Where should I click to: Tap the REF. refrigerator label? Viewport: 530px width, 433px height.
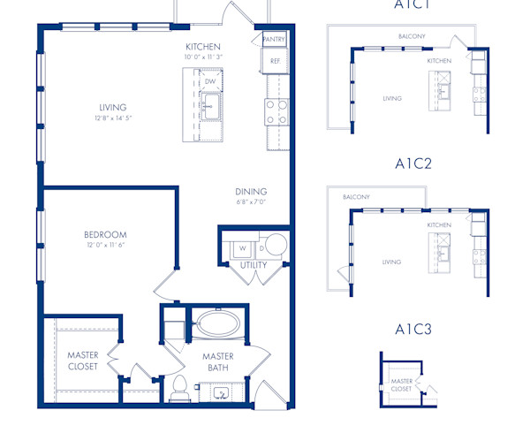(275, 61)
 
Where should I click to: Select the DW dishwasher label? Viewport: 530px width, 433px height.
(210, 81)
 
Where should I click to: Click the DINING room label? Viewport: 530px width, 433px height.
(251, 192)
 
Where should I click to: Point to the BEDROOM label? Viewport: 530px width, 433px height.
(105, 234)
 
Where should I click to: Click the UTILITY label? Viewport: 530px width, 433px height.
(254, 265)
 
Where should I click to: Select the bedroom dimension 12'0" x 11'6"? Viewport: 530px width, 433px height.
(105, 245)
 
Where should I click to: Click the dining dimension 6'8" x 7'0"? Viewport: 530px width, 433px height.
(251, 202)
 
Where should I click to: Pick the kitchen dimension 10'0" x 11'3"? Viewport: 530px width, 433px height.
(202, 57)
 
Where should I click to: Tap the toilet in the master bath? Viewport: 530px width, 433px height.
(179, 386)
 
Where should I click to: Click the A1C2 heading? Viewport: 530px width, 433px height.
(413, 163)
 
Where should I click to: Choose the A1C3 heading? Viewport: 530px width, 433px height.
(413, 330)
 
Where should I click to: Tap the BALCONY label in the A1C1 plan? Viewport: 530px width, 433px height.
(411, 36)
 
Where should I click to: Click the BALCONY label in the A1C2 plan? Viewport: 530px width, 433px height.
(356, 197)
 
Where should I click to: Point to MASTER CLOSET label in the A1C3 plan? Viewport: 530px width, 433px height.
(401, 385)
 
